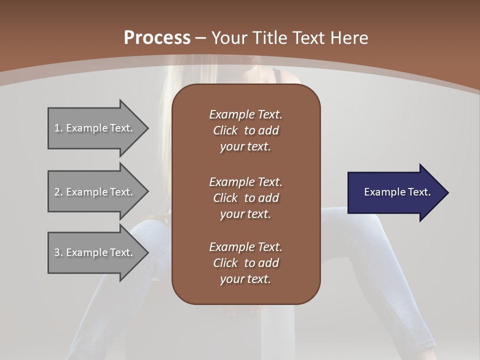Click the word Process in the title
click(157, 37)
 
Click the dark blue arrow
click(395, 192)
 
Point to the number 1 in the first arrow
click(57, 128)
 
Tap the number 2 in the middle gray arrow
click(57, 191)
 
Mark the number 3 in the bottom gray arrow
click(57, 252)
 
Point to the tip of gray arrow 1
click(147, 128)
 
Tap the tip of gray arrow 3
click(147, 252)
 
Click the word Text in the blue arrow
click(418, 192)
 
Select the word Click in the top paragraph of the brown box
click(225, 130)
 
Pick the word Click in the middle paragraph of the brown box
click(225, 198)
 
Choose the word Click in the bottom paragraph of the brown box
click(225, 263)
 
